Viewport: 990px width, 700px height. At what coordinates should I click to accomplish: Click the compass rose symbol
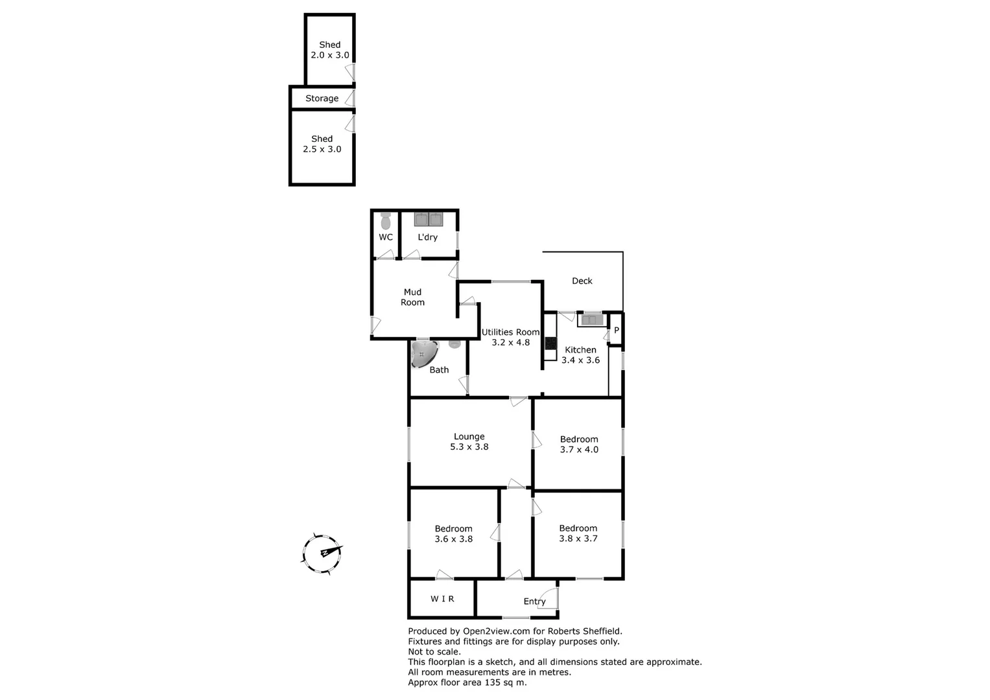[322, 554]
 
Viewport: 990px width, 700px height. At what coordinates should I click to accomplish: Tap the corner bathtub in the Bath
[423, 354]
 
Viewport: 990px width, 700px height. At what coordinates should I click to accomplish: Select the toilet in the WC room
[386, 221]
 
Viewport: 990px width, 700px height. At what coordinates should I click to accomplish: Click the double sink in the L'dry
[428, 219]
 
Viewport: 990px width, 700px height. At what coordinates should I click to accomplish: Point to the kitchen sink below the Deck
[591, 320]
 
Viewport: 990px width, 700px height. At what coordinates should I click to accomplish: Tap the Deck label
[582, 281]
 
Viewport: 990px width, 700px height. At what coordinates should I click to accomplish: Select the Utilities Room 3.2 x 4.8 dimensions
[510, 342]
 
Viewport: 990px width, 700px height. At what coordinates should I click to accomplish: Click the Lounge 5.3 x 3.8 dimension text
[469, 447]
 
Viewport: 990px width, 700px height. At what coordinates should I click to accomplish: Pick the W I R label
[442, 599]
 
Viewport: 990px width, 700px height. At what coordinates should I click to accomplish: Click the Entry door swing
[548, 598]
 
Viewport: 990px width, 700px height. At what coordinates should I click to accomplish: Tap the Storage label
[322, 99]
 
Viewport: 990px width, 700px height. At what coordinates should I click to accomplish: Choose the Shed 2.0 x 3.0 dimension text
[329, 55]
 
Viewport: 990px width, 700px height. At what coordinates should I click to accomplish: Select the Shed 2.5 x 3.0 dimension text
[322, 149]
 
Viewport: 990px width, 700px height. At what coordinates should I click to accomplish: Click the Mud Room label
[412, 297]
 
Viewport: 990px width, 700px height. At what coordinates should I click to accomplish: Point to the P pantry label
[616, 330]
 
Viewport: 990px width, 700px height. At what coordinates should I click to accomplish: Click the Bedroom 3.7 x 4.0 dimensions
[579, 449]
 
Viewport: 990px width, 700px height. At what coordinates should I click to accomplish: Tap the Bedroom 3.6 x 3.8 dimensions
[453, 539]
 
